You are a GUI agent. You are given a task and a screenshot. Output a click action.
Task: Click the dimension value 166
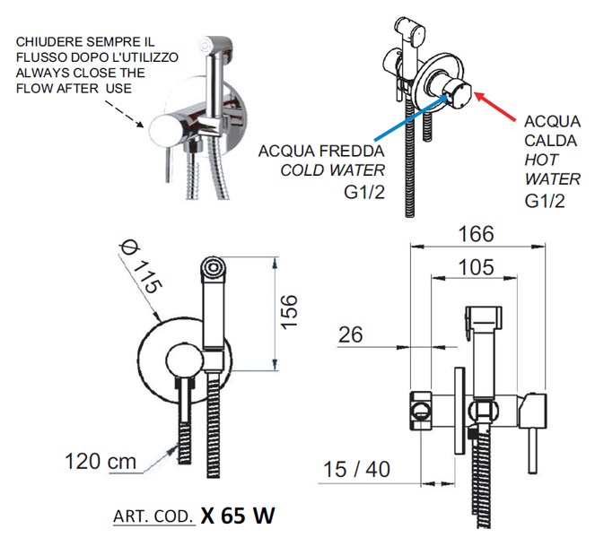coord(475,234)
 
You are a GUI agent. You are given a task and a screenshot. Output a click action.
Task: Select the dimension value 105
coord(475,266)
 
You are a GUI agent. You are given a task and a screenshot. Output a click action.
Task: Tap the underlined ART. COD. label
coord(153,517)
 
